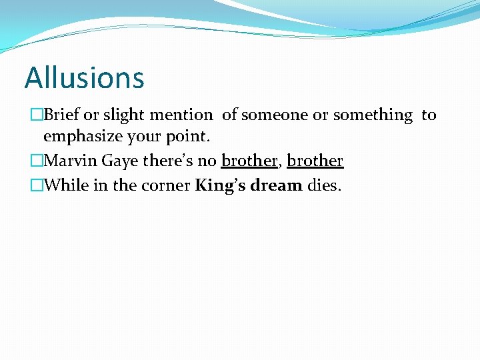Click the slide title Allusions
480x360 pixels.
(84, 77)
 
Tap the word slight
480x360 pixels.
(123, 115)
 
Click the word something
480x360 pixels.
(373, 115)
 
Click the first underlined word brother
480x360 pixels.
(249, 161)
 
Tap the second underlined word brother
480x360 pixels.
(315, 161)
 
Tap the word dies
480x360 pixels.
(324, 185)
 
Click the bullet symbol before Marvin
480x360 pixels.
(36, 161)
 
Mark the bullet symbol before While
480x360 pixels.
(36, 185)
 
